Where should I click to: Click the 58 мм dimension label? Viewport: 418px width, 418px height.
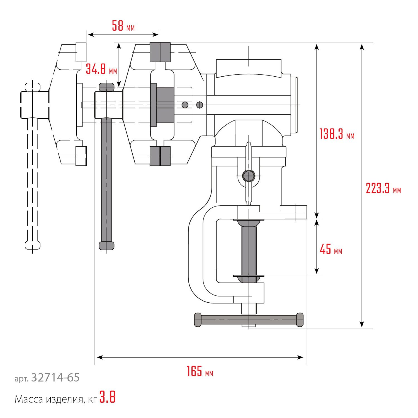123,26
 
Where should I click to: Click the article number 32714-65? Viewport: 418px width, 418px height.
55,378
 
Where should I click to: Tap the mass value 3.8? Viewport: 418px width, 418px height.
108,397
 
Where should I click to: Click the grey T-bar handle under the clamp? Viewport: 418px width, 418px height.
249,320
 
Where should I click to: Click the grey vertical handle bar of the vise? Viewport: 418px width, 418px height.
106,181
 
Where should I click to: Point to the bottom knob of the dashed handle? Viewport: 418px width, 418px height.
33,245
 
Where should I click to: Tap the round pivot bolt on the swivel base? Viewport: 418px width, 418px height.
249,176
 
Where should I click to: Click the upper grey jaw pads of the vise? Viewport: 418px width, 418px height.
160,52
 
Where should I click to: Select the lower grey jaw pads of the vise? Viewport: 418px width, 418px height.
160,156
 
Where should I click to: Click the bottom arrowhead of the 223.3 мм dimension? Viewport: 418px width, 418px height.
362,325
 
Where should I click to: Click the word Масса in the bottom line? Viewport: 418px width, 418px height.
29,399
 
